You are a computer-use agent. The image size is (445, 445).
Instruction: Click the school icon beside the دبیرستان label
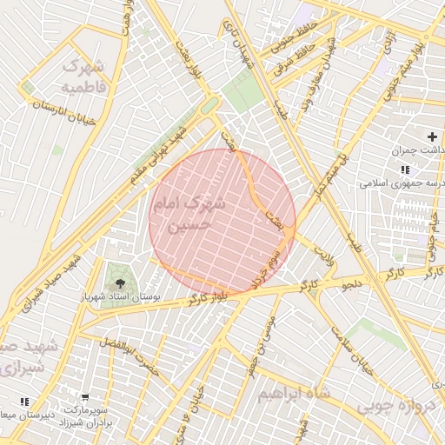24,401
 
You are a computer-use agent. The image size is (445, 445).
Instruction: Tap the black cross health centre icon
432,136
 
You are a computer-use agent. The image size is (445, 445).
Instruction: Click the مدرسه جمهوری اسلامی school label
403,184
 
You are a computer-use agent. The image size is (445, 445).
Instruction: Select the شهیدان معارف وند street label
315,75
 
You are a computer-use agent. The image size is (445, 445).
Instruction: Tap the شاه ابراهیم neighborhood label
294,394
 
